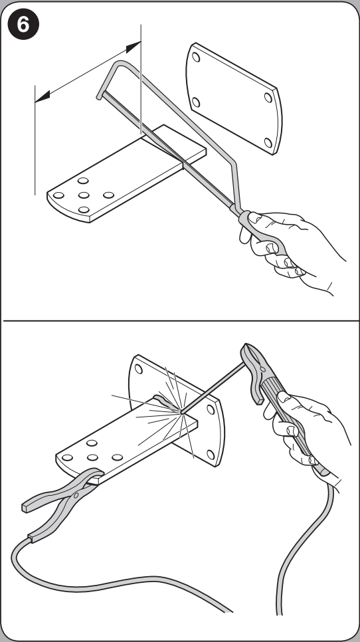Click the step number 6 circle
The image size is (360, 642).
pyautogui.click(x=23, y=25)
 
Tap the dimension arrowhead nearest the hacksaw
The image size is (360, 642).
pyautogui.click(x=134, y=47)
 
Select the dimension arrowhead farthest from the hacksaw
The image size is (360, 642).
pyautogui.click(x=43, y=96)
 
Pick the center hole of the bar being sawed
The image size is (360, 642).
pyautogui.click(x=84, y=195)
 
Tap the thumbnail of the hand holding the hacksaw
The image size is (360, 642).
pyautogui.click(x=254, y=217)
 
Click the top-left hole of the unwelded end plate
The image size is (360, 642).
pyautogui.click(x=196, y=57)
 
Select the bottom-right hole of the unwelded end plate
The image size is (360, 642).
pyautogui.click(x=268, y=142)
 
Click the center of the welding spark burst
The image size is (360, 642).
pyautogui.click(x=181, y=412)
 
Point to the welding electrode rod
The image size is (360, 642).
pyautogui.click(x=213, y=387)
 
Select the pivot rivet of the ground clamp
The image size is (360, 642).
pyautogui.click(x=76, y=496)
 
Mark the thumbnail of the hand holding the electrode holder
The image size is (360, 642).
pyautogui.click(x=284, y=397)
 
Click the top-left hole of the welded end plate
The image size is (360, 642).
pyautogui.click(x=139, y=369)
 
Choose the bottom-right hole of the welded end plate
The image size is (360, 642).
pyautogui.click(x=211, y=455)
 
